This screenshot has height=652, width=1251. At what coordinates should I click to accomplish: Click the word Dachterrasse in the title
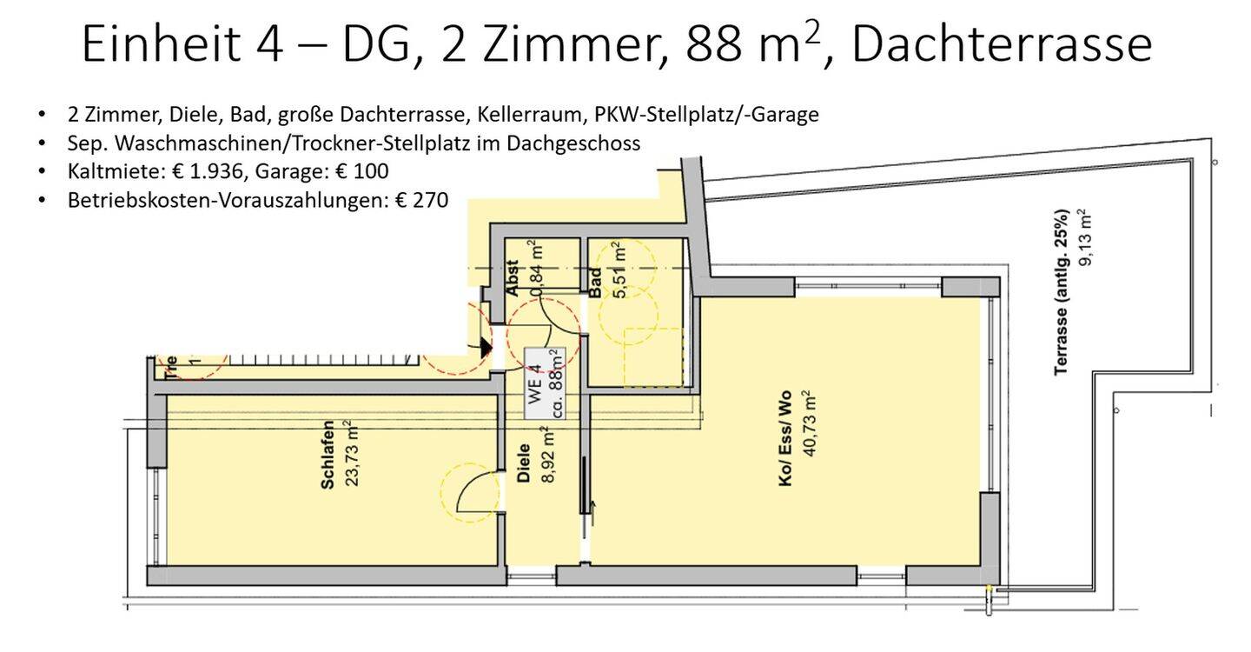1002,43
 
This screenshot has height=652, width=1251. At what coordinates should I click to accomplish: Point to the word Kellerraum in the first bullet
549,114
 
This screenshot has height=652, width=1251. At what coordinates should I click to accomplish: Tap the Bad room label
595,283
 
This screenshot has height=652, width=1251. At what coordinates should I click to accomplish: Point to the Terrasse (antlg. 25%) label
1061,292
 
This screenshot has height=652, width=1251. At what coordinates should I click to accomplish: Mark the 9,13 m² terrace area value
1083,236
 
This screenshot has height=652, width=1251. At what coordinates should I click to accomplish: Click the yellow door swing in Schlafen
469,492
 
